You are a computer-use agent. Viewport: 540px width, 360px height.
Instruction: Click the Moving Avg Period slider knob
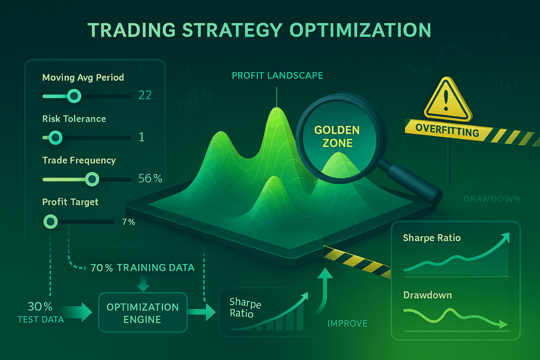74,96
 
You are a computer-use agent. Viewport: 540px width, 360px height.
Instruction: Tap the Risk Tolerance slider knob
55,138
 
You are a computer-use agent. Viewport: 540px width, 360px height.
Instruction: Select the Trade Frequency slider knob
92,179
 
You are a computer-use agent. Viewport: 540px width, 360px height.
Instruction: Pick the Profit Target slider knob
51,222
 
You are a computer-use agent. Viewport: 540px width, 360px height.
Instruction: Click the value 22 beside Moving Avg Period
144,95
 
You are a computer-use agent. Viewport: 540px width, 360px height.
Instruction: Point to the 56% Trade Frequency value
150,178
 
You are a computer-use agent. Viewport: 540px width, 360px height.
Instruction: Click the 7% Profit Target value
129,222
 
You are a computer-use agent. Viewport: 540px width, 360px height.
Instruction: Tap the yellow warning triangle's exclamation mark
446,100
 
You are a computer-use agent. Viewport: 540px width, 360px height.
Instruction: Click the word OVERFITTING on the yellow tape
447,130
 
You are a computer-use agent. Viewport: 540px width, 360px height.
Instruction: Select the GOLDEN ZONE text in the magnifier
337,137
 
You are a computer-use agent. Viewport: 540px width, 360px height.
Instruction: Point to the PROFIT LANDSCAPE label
277,76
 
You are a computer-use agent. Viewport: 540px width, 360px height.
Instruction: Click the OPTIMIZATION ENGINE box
143,313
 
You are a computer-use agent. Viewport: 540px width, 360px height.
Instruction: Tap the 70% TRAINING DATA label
142,268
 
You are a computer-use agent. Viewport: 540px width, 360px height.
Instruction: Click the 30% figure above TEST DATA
40,306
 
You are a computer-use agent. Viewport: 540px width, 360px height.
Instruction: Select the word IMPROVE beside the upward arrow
348,324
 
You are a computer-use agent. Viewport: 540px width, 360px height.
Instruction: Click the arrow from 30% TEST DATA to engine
78,312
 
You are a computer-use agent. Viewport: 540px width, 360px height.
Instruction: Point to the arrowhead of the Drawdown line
504,324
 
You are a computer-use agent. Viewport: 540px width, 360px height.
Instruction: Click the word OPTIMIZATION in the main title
360,30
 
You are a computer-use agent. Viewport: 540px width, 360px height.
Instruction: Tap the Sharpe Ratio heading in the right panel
432,238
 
